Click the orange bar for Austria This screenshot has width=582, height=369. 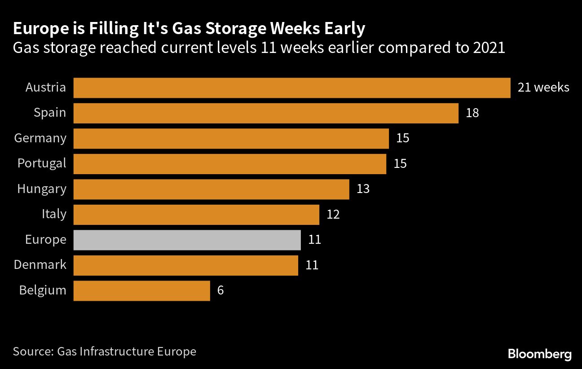tap(292, 88)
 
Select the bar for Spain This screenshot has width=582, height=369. tap(266, 113)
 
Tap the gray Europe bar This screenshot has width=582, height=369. tap(187, 240)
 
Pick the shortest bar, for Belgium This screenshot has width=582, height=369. tap(141, 290)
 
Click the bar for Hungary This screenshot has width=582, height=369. tap(211, 189)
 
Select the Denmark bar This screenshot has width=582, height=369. tap(185, 265)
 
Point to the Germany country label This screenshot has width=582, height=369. tap(40, 138)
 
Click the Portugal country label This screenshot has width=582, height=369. tap(42, 163)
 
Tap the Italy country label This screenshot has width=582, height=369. tap(54, 214)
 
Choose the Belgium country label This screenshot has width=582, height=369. tap(43, 290)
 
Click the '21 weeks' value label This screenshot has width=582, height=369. tap(543, 88)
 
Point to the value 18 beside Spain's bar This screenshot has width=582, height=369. tap(472, 113)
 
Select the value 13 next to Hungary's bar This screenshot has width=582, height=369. tap(363, 189)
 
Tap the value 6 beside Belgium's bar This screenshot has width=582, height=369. tap(220, 290)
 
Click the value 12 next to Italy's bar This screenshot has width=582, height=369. tap(333, 214)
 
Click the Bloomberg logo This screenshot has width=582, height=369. tap(540, 354)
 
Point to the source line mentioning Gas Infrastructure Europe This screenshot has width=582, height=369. tap(105, 351)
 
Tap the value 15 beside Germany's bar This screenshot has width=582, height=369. tap(403, 138)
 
